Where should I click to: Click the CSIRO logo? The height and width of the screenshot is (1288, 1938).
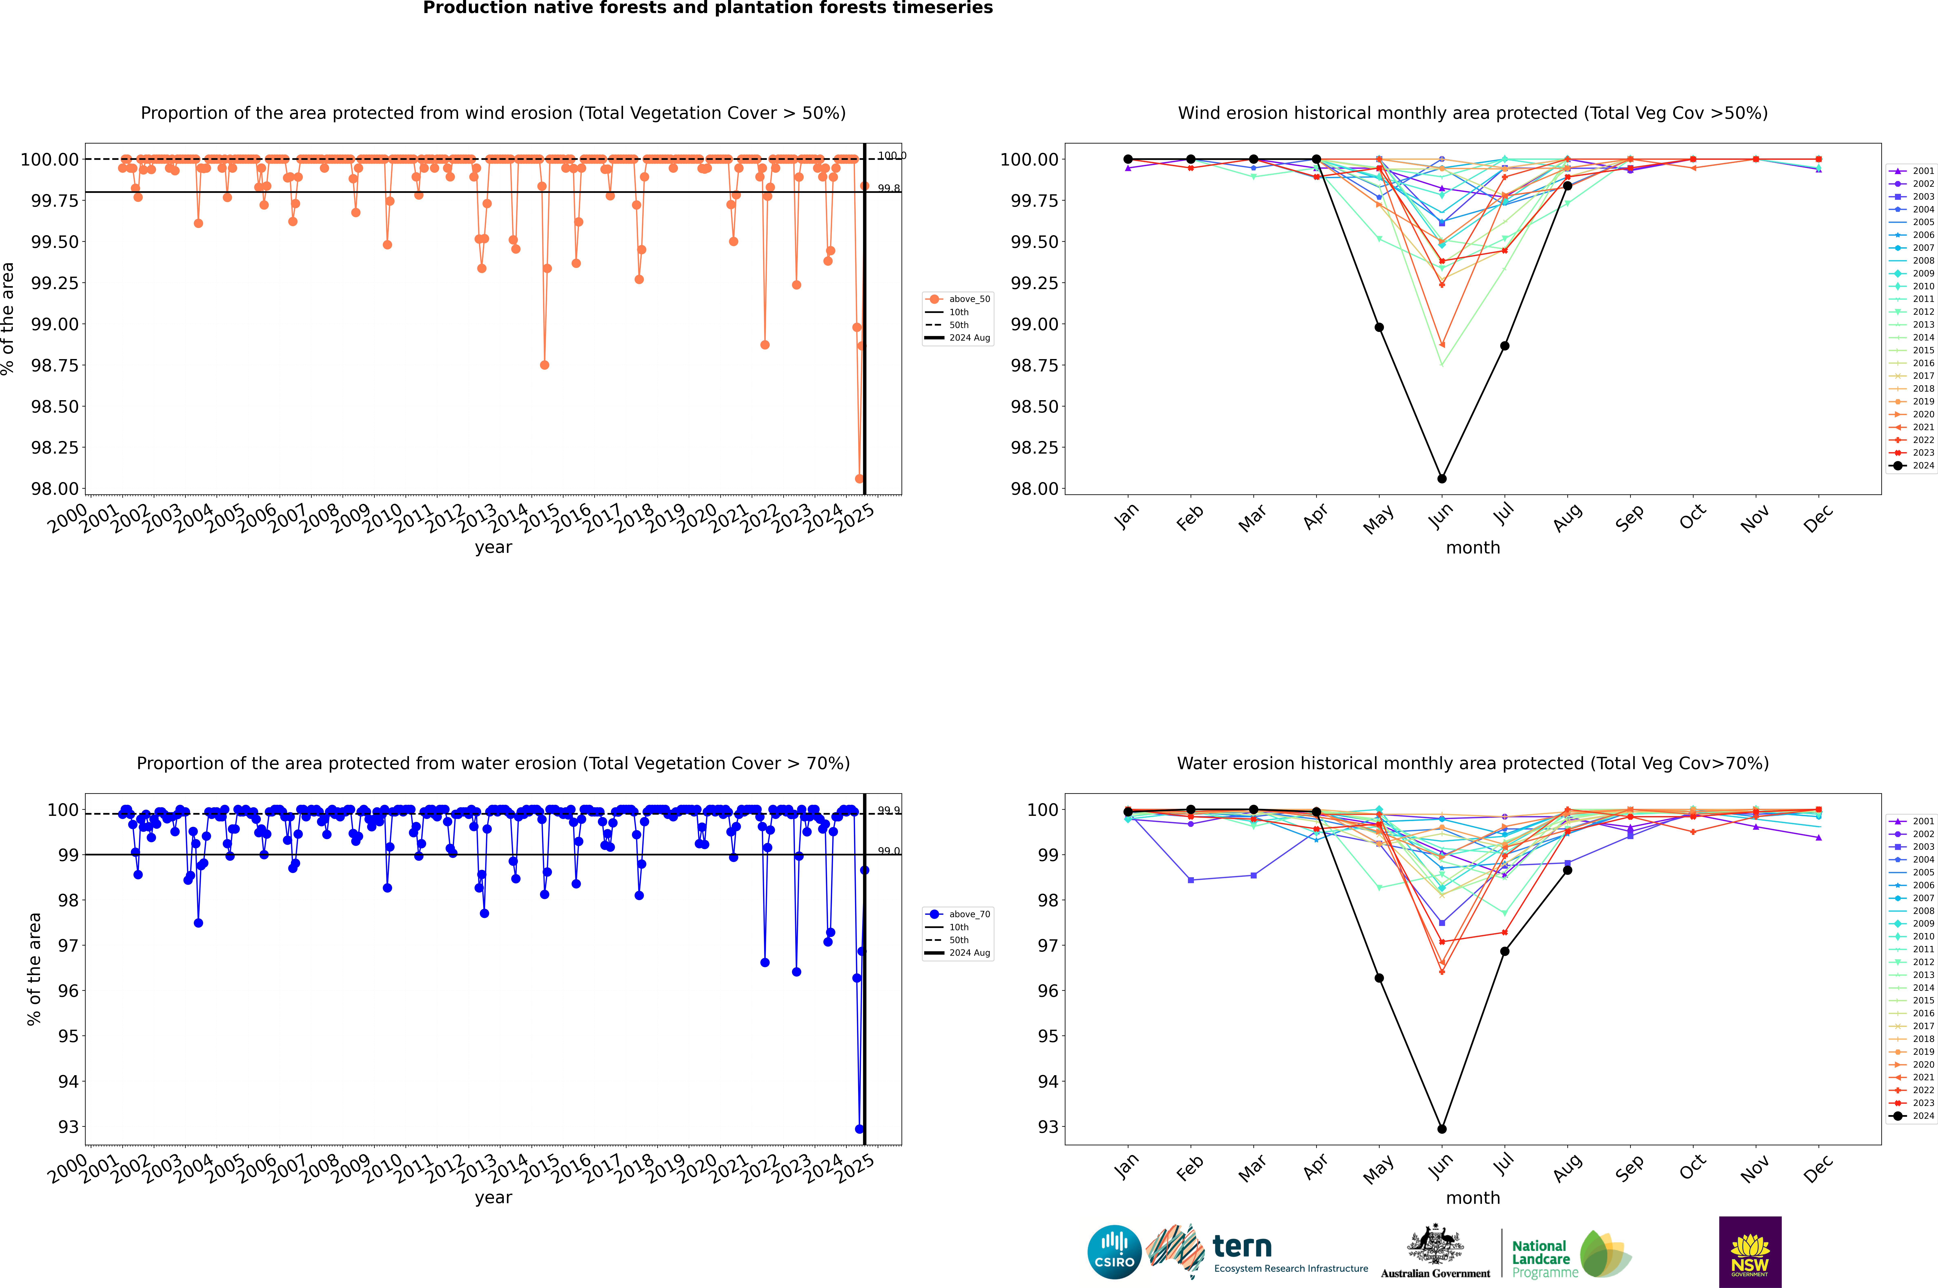(x=1114, y=1252)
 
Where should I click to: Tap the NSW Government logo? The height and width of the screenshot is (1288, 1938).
(x=1750, y=1252)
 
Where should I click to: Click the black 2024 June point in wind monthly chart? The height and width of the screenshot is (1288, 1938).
(x=1442, y=478)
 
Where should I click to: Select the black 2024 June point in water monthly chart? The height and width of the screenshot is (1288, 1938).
(x=1442, y=1129)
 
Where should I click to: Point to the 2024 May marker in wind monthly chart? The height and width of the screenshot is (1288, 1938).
(x=1379, y=327)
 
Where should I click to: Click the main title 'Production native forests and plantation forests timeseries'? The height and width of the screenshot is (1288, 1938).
(x=707, y=8)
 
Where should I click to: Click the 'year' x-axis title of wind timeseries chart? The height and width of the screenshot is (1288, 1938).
(x=493, y=547)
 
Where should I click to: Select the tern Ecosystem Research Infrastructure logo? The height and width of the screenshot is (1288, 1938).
(x=1257, y=1252)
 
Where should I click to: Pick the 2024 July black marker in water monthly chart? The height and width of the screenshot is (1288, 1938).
(x=1504, y=951)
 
